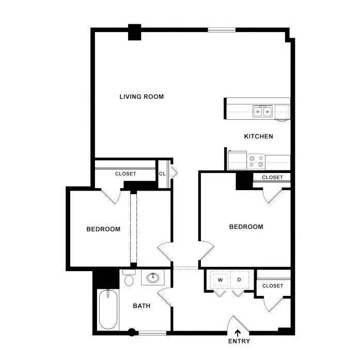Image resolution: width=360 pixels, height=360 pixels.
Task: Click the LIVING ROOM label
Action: pyautogui.click(x=142, y=97)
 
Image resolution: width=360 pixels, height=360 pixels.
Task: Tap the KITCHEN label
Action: pyautogui.click(x=259, y=136)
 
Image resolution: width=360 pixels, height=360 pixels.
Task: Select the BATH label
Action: pyautogui.click(x=142, y=306)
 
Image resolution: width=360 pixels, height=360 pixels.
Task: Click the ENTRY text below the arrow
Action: pyautogui.click(x=239, y=341)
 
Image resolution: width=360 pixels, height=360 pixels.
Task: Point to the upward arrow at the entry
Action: pyautogui.click(x=238, y=333)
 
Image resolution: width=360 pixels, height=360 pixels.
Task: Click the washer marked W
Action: pyautogui.click(x=220, y=280)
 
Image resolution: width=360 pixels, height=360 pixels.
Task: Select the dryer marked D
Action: pyautogui.click(x=239, y=280)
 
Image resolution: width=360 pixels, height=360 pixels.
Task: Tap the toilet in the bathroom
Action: pyautogui.click(x=129, y=278)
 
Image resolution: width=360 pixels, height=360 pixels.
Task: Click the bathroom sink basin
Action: pyautogui.click(x=153, y=278)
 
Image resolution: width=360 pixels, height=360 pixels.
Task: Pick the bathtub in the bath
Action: pyautogui.click(x=108, y=309)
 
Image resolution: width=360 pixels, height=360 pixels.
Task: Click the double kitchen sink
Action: pyautogui.click(x=262, y=112)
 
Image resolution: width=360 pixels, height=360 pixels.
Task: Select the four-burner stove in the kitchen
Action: pyautogui.click(x=256, y=161)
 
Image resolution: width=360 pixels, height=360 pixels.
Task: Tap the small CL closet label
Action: pyautogui.click(x=162, y=174)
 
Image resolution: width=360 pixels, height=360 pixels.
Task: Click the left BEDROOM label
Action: pyautogui.click(x=103, y=229)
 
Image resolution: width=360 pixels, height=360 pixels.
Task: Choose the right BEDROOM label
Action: pyautogui.click(x=246, y=227)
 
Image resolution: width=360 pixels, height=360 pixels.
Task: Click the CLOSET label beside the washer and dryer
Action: pyautogui.click(x=273, y=286)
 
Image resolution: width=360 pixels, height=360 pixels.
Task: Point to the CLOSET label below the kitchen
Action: pyautogui.click(x=272, y=178)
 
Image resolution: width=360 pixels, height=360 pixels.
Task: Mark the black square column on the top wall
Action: pyautogui.click(x=134, y=32)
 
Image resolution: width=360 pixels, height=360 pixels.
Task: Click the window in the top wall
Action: pyautogui.click(x=222, y=30)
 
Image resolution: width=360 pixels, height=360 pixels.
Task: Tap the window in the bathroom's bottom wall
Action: pyautogui.click(x=152, y=333)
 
